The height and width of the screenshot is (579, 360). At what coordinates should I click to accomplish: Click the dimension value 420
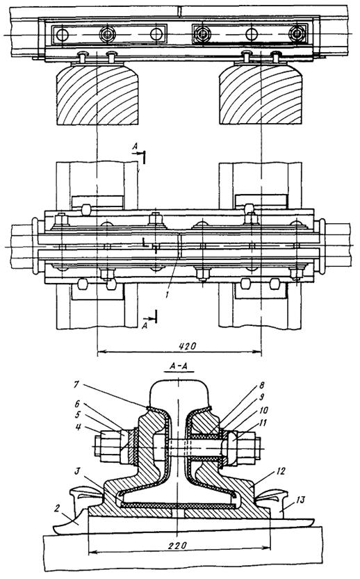pos(188,346)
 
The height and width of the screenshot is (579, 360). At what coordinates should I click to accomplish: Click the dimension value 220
pos(178,546)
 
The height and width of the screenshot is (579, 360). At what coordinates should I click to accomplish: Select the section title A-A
pos(179,366)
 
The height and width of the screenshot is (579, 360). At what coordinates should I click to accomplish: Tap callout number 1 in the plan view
pos(167,295)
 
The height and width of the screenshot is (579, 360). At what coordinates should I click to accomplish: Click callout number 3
pos(79,471)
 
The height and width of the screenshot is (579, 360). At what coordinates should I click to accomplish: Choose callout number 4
pos(77,427)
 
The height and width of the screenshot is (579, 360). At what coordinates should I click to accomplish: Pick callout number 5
pos(78,415)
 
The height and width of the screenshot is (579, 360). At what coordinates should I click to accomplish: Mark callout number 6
pos(78,405)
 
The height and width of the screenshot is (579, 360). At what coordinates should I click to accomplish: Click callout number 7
pos(76,384)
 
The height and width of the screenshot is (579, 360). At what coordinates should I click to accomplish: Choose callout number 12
pos(280,471)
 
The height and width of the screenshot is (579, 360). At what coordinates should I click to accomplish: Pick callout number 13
pos(300,500)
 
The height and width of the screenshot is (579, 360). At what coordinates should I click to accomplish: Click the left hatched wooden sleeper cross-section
pos(97,94)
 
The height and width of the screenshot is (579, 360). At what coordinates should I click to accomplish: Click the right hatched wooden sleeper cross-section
pos(261,94)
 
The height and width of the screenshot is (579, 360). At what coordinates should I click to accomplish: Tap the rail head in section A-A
pos(179,393)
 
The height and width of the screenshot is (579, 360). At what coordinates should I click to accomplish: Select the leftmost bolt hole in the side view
pos(62,35)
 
